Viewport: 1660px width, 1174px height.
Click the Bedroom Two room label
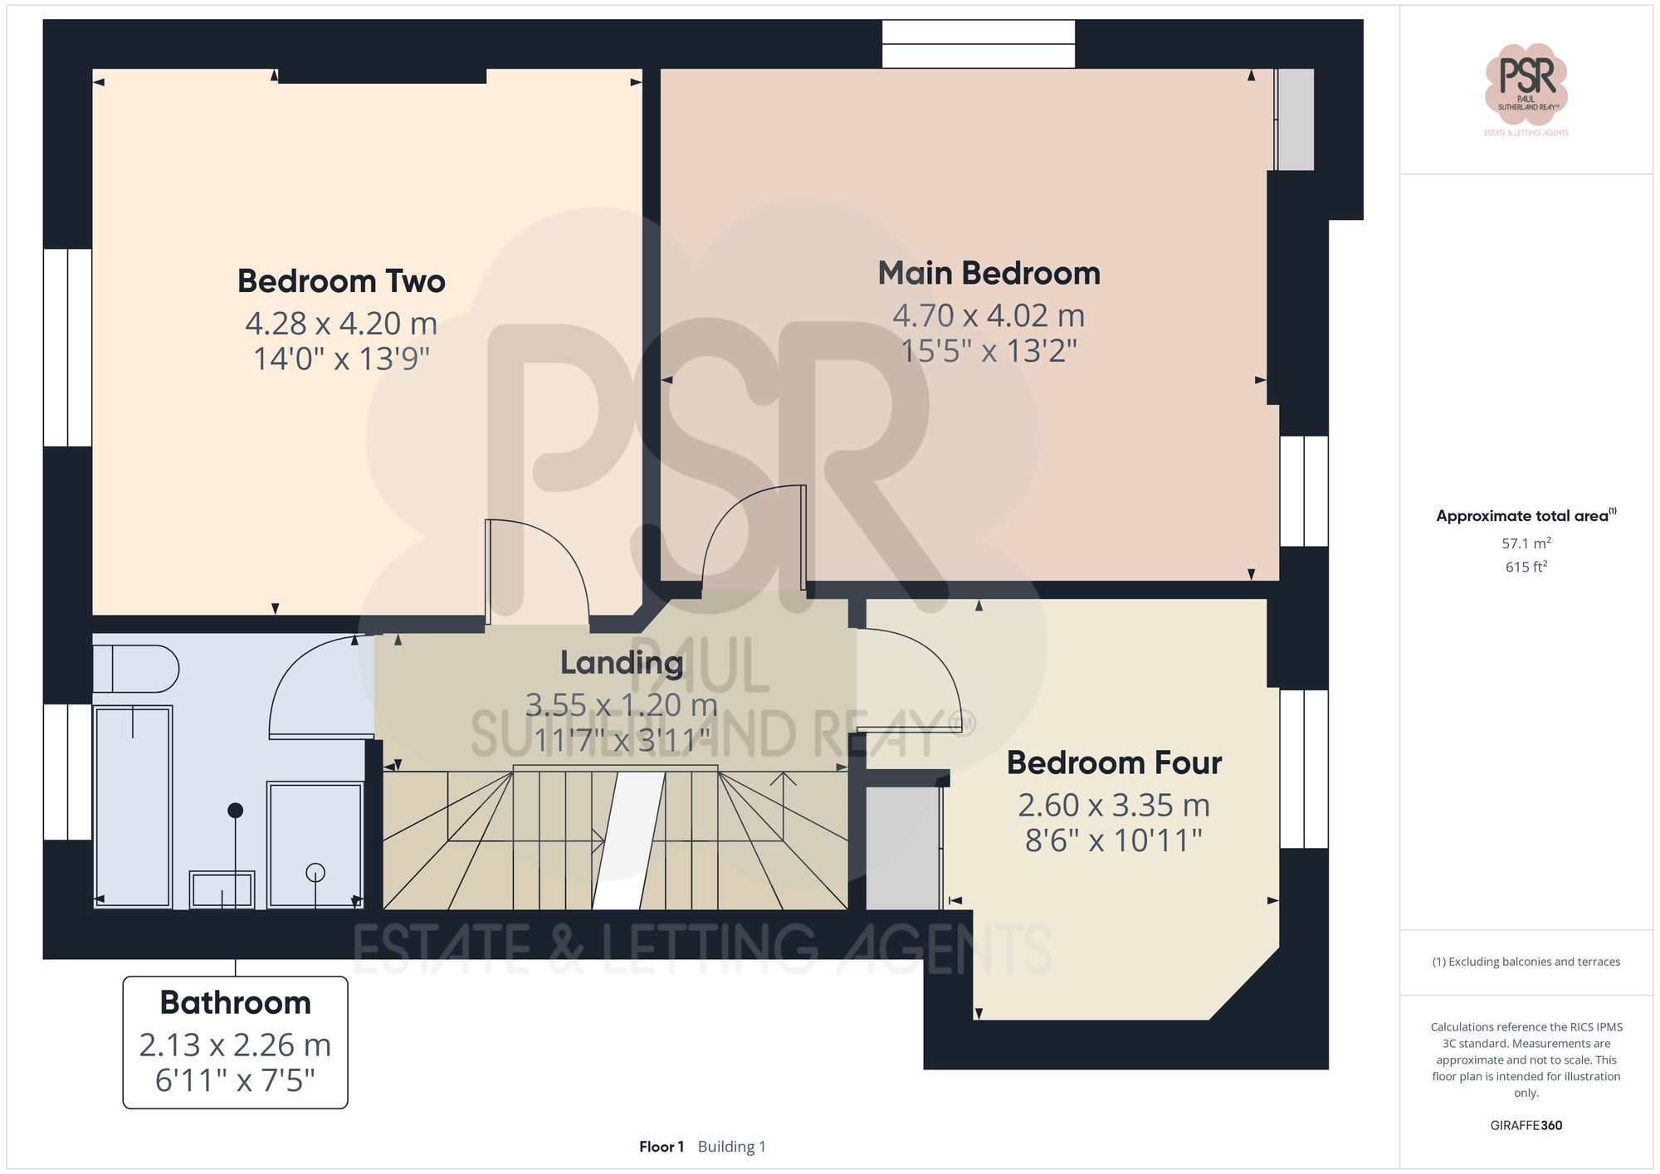pos(341,281)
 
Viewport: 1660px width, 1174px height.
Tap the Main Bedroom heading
pos(989,274)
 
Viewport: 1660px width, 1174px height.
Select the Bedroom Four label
pos(1114,763)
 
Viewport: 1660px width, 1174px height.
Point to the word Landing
pos(622,663)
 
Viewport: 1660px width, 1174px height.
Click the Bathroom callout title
pos(235,1003)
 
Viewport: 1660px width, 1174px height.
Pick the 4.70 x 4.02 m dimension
pos(989,316)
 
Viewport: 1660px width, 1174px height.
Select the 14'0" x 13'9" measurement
pos(341,359)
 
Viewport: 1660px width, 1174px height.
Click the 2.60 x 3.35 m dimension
pos(1114,806)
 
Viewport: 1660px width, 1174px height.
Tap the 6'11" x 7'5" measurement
pos(235,1081)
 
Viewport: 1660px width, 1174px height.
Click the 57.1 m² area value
pos(1526,543)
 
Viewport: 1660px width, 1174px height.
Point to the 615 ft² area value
pos(1526,568)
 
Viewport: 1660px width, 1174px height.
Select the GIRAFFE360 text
pos(1526,1126)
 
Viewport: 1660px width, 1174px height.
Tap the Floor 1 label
pos(662,1147)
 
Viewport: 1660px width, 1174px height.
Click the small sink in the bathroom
pos(222,890)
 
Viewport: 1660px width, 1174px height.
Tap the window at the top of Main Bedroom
pos(978,44)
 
